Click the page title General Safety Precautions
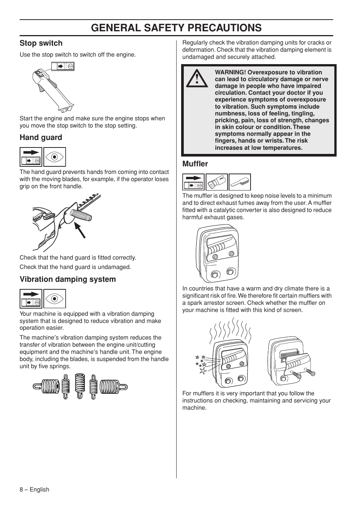tap(176, 28)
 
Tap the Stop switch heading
tap(41, 43)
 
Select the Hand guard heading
tap(41, 138)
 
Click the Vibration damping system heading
tap(68, 280)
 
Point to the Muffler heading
tap(195, 164)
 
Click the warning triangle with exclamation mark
tap(196, 79)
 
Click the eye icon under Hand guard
tap(55, 157)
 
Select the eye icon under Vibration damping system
tap(55, 299)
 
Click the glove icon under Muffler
tap(217, 182)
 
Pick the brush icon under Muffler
tap(240, 182)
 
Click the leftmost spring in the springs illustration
tap(46, 387)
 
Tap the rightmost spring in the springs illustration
tap(114, 387)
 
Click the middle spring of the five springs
tap(79, 386)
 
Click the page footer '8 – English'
tap(34, 490)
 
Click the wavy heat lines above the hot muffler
tap(229, 330)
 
